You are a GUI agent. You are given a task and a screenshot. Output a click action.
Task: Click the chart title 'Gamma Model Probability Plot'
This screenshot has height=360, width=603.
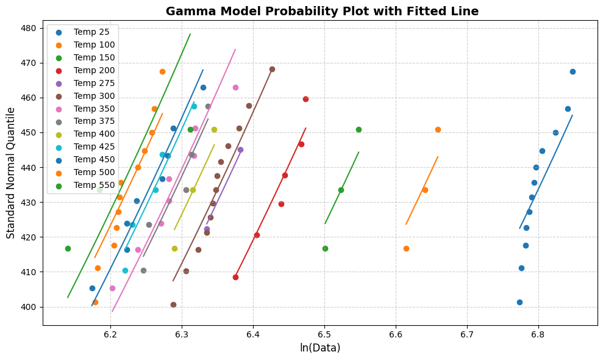322,11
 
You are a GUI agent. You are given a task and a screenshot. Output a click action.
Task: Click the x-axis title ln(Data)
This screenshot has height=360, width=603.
320,348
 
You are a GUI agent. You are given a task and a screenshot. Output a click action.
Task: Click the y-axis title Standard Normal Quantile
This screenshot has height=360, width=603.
11,173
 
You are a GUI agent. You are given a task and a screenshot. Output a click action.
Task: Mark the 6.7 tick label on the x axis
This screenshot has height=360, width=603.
467,334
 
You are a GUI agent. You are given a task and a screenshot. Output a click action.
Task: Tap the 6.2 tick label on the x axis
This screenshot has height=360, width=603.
110,334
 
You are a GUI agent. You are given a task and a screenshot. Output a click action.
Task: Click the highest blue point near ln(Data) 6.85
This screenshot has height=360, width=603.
573,71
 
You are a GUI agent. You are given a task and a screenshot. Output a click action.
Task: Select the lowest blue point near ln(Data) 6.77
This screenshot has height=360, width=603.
519,302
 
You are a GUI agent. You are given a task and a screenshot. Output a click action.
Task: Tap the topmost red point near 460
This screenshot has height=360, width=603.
305,99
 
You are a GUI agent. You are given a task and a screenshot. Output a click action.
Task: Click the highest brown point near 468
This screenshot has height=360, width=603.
272,69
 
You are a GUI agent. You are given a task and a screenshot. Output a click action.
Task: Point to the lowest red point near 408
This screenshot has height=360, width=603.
235,277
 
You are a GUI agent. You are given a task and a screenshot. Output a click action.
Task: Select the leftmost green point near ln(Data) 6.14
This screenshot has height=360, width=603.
68,248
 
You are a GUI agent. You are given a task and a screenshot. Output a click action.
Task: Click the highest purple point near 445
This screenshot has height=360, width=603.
240,149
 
